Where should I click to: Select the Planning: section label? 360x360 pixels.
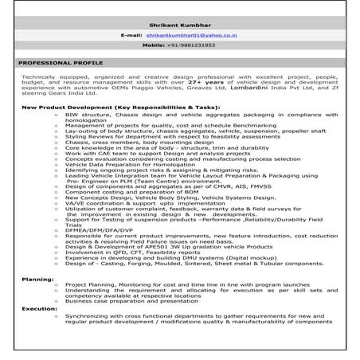[37, 280]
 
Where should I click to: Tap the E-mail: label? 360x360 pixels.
[131, 36]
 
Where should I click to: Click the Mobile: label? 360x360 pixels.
[156, 47]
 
